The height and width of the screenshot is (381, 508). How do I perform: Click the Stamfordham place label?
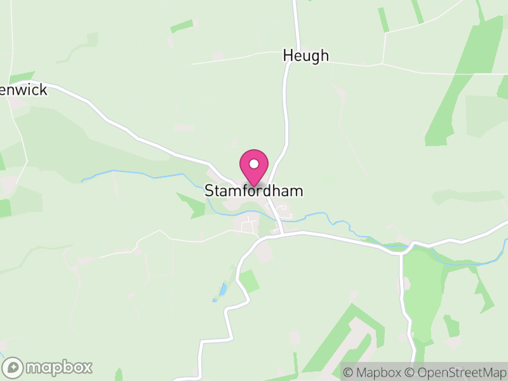click(x=253, y=190)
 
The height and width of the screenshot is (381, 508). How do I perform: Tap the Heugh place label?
click(x=305, y=56)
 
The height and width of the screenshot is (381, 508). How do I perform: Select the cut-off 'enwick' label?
click(x=24, y=90)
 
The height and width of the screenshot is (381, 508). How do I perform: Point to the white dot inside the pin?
click(x=254, y=164)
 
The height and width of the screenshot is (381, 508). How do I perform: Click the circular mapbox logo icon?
click(x=13, y=367)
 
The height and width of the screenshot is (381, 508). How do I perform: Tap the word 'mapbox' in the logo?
click(x=59, y=367)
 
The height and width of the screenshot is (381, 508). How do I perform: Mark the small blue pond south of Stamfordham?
click(x=222, y=290)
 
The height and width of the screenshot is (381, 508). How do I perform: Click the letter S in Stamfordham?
click(x=209, y=190)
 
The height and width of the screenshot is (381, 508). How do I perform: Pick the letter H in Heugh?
click(x=288, y=56)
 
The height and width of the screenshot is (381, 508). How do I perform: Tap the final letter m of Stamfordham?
click(x=297, y=190)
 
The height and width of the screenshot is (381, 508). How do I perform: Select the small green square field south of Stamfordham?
click(x=249, y=281)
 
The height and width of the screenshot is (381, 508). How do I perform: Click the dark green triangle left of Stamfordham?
click(x=190, y=204)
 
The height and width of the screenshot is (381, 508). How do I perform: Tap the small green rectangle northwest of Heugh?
click(x=182, y=26)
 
